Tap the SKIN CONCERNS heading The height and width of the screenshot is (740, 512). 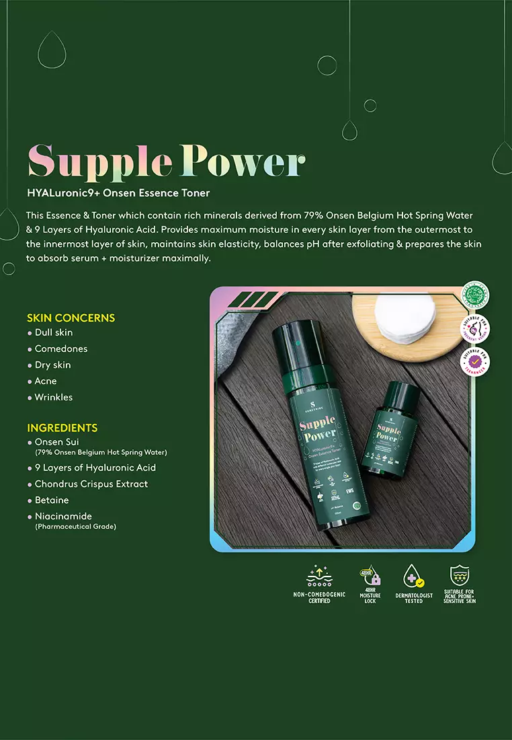pos(71,318)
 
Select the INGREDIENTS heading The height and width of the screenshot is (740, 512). pos(62,428)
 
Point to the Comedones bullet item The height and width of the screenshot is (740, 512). pos(60,348)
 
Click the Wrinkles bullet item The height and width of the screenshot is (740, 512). pos(53,397)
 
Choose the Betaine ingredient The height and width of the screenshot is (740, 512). pos(52,500)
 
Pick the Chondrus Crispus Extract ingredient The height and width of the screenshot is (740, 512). pos(91,484)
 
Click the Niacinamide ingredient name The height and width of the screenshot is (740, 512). pos(63,516)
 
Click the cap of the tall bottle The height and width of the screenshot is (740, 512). pos(294,346)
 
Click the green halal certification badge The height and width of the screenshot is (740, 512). pos(475,295)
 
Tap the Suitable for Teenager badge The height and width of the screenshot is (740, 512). pos(475,362)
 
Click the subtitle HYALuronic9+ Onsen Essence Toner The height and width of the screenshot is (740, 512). pos(118,193)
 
